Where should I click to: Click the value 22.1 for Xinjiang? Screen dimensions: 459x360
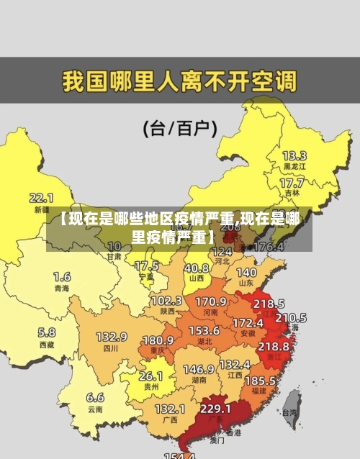(41, 196)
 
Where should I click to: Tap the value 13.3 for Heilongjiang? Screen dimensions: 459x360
(294, 155)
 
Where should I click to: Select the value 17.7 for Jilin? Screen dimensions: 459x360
(291, 183)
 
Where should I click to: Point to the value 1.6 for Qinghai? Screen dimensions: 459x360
(62, 276)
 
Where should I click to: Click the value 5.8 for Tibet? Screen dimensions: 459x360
(46, 332)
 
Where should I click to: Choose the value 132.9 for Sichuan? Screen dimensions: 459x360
(112, 336)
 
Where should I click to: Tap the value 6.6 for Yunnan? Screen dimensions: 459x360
(95, 396)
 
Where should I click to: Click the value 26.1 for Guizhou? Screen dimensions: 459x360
(150, 376)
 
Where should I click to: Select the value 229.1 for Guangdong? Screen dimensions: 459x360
(215, 408)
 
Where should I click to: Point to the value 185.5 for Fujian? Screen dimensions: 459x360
(260, 379)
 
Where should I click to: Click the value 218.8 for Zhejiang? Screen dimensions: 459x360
(273, 346)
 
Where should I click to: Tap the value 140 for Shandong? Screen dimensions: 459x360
(246, 273)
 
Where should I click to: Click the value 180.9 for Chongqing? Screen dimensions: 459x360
(158, 340)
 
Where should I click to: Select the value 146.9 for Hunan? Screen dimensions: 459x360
(198, 368)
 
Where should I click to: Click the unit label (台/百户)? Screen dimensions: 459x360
(180, 129)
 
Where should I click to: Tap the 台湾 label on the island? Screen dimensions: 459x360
(289, 413)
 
